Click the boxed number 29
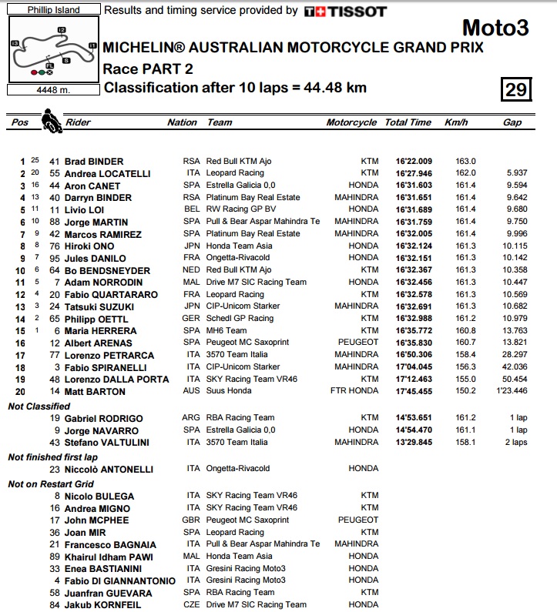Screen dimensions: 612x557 pyautogui.click(x=515, y=89)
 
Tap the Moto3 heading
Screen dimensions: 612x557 pyautogui.click(x=495, y=29)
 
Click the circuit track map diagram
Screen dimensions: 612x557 pyautogui.click(x=52, y=51)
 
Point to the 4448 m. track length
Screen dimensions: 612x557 pyautogui.click(x=52, y=90)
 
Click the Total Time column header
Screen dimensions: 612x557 pyautogui.click(x=408, y=122)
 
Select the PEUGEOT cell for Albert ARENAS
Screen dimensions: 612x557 pyautogui.click(x=357, y=343)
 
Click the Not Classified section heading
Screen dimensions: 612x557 pyautogui.click(x=39, y=406)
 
